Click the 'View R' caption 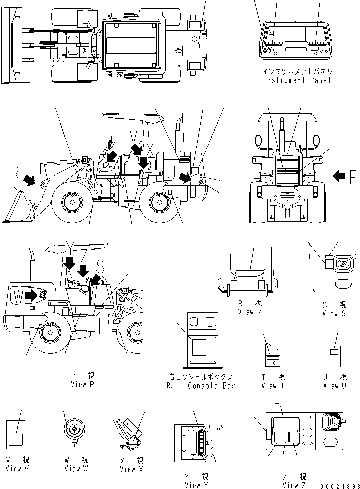coord(250,312)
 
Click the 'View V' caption coord(17,468)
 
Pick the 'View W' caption coord(76,468)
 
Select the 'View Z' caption coord(290,485)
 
